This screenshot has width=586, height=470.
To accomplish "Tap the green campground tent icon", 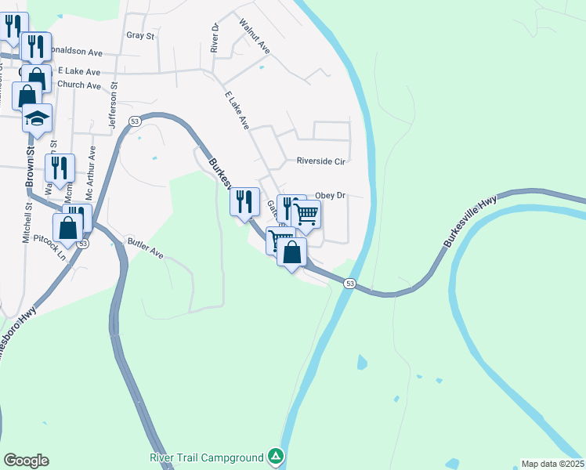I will [275, 456].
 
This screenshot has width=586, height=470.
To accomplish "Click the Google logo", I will [26, 461].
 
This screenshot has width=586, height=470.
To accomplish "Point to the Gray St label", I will [141, 36].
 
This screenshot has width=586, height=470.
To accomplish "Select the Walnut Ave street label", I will [255, 38].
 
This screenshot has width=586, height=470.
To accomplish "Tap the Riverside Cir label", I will [320, 161].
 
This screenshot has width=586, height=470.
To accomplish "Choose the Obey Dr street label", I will [330, 195].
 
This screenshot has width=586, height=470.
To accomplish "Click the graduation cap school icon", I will [36, 118].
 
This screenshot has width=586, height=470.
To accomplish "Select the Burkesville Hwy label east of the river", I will [469, 222].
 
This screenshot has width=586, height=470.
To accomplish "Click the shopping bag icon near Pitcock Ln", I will [68, 229].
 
